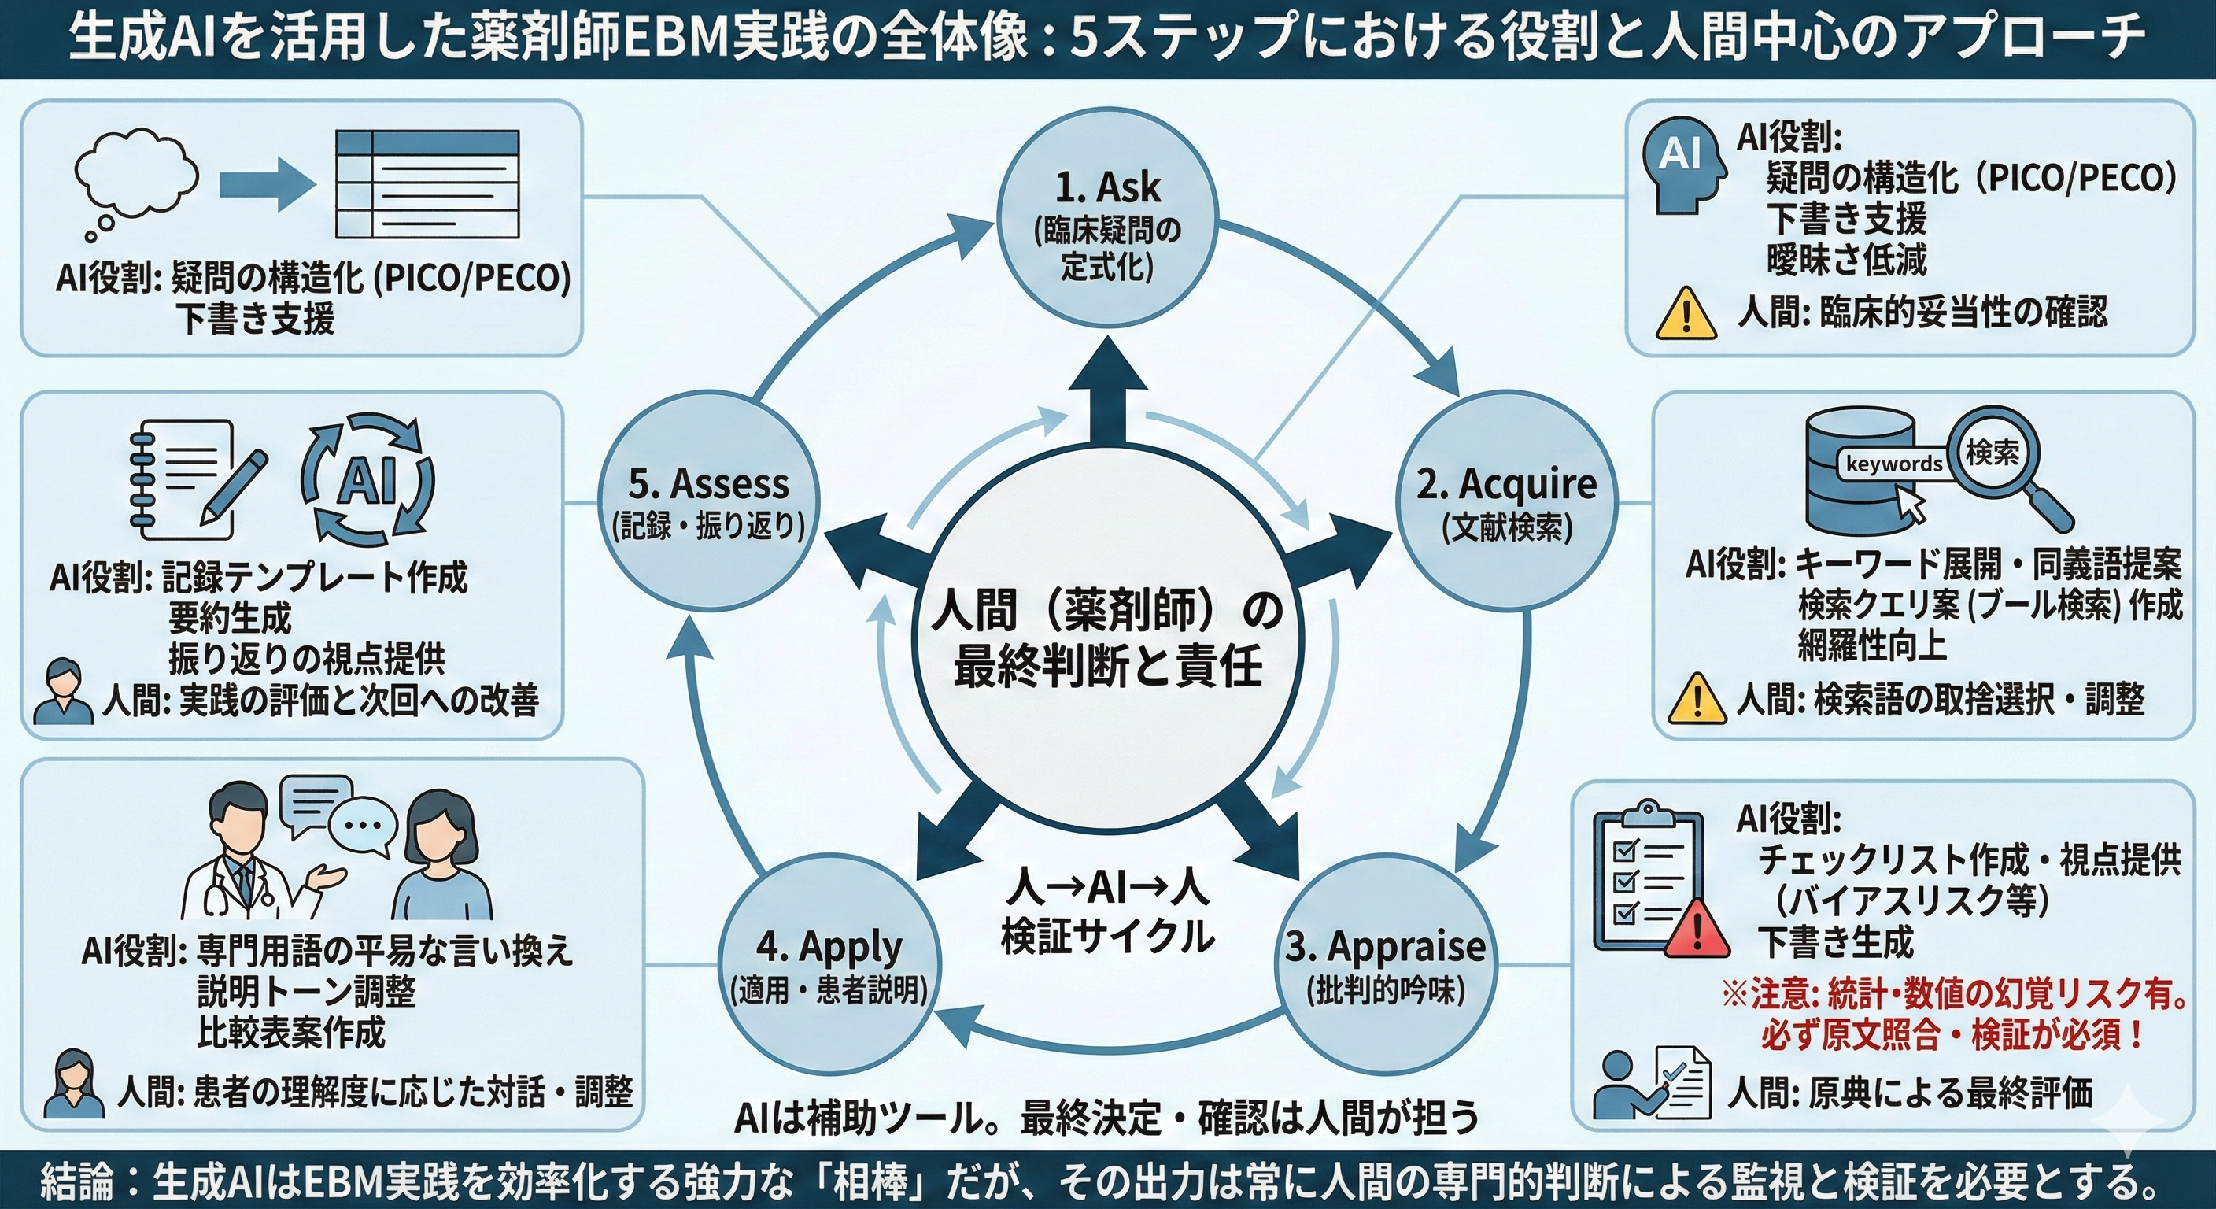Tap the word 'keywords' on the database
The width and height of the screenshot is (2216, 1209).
[x=1893, y=464]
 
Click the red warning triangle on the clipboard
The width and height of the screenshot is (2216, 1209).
[x=1697, y=930]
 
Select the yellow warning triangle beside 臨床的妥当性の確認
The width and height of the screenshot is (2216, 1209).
[x=1686, y=314]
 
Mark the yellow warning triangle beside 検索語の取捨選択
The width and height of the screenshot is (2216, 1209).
[x=1697, y=699]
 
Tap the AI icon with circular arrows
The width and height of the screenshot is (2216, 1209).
[x=368, y=480]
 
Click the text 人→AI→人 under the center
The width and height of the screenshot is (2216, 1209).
[x=1107, y=887]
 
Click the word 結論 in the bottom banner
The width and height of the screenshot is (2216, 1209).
[x=76, y=1181]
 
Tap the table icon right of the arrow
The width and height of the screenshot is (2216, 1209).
[x=427, y=184]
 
